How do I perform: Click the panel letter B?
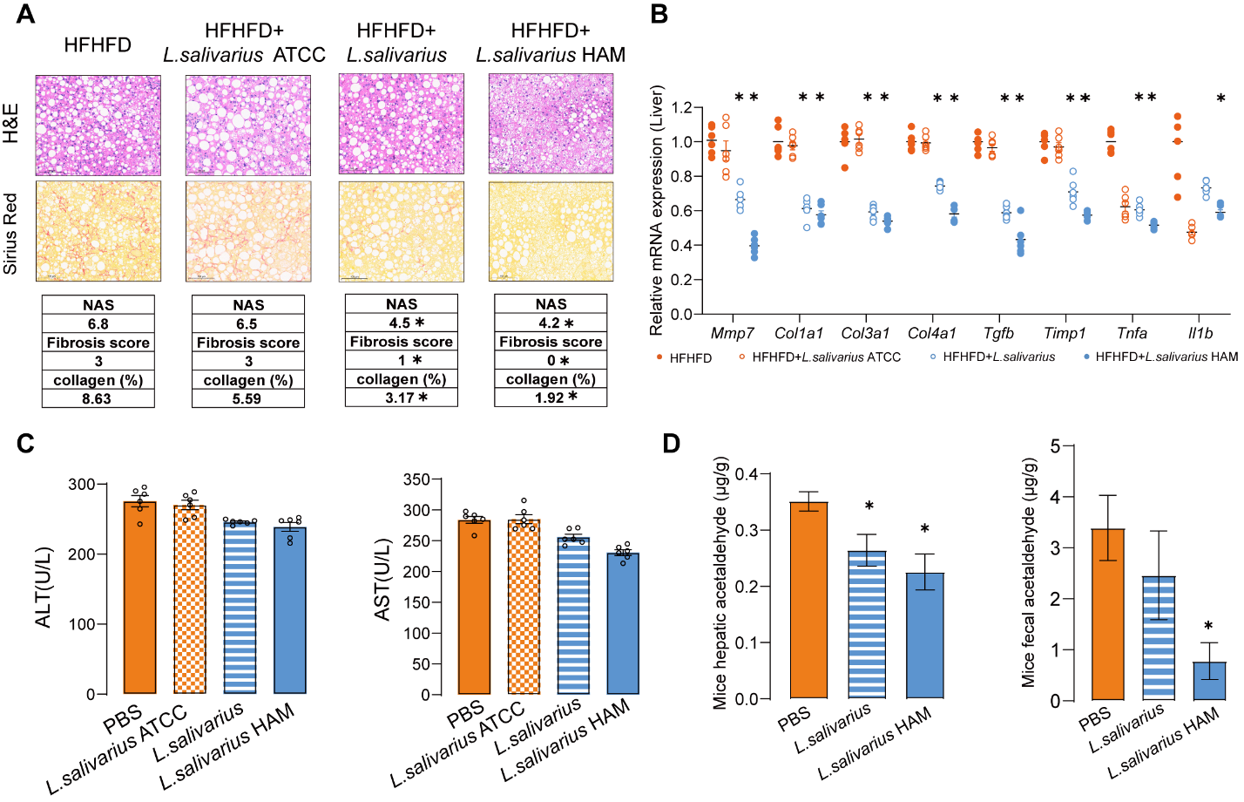click(659, 15)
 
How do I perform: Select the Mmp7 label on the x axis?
click(732, 333)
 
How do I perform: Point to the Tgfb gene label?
click(998, 333)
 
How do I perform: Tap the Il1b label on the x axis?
click(1200, 333)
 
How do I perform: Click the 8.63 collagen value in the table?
click(98, 398)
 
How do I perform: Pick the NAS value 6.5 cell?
click(247, 323)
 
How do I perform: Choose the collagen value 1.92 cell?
click(551, 398)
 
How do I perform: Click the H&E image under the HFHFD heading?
click(98, 125)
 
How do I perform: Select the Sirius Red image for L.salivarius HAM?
click(551, 231)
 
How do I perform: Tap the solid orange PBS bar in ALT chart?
click(140, 598)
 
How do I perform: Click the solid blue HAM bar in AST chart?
click(623, 623)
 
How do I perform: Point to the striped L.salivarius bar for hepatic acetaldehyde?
click(867, 624)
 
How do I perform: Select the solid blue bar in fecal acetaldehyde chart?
click(1209, 681)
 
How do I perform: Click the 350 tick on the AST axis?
click(416, 479)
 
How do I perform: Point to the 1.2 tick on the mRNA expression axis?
click(682, 108)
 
